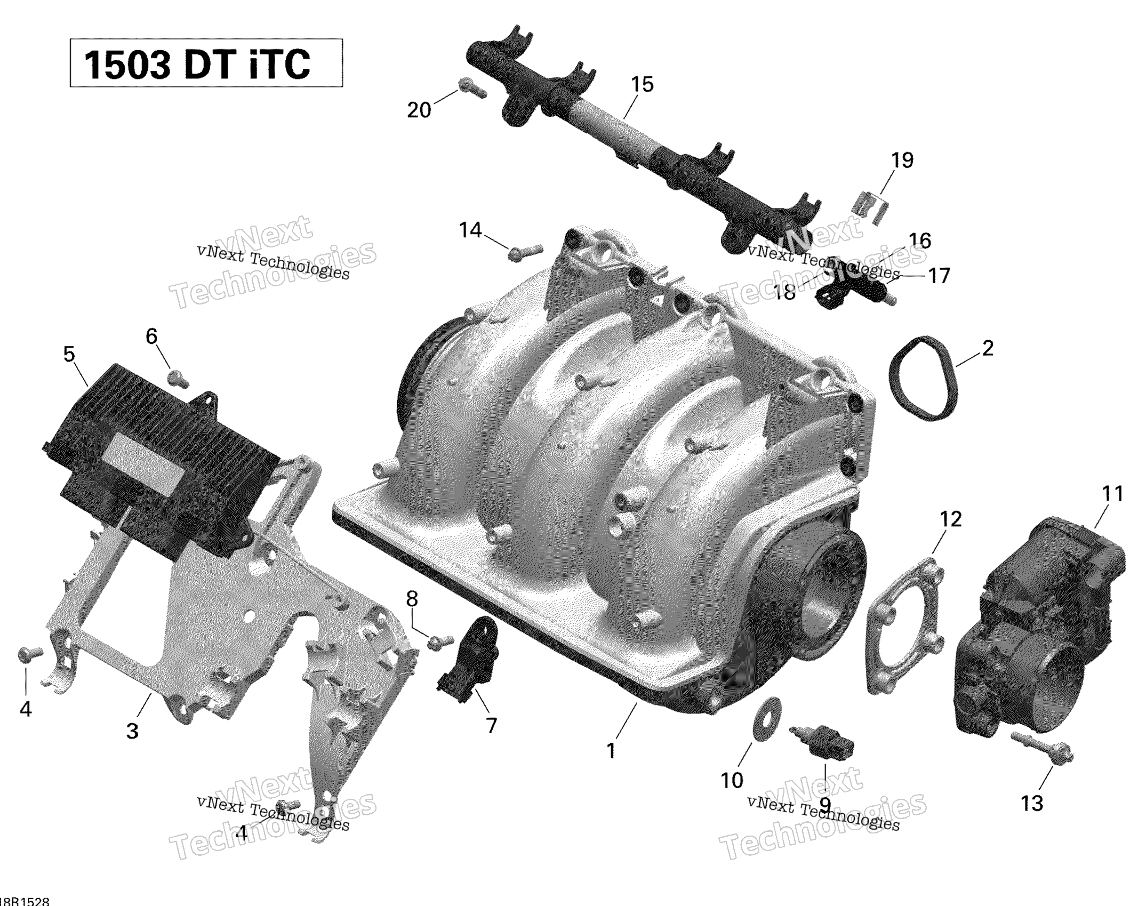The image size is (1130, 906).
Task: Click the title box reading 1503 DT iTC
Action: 206,63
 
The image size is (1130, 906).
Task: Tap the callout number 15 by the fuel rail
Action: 642,84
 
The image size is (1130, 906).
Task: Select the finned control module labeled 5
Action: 160,459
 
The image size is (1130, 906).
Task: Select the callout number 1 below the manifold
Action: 611,751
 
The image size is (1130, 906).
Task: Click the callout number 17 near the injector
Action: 939,276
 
